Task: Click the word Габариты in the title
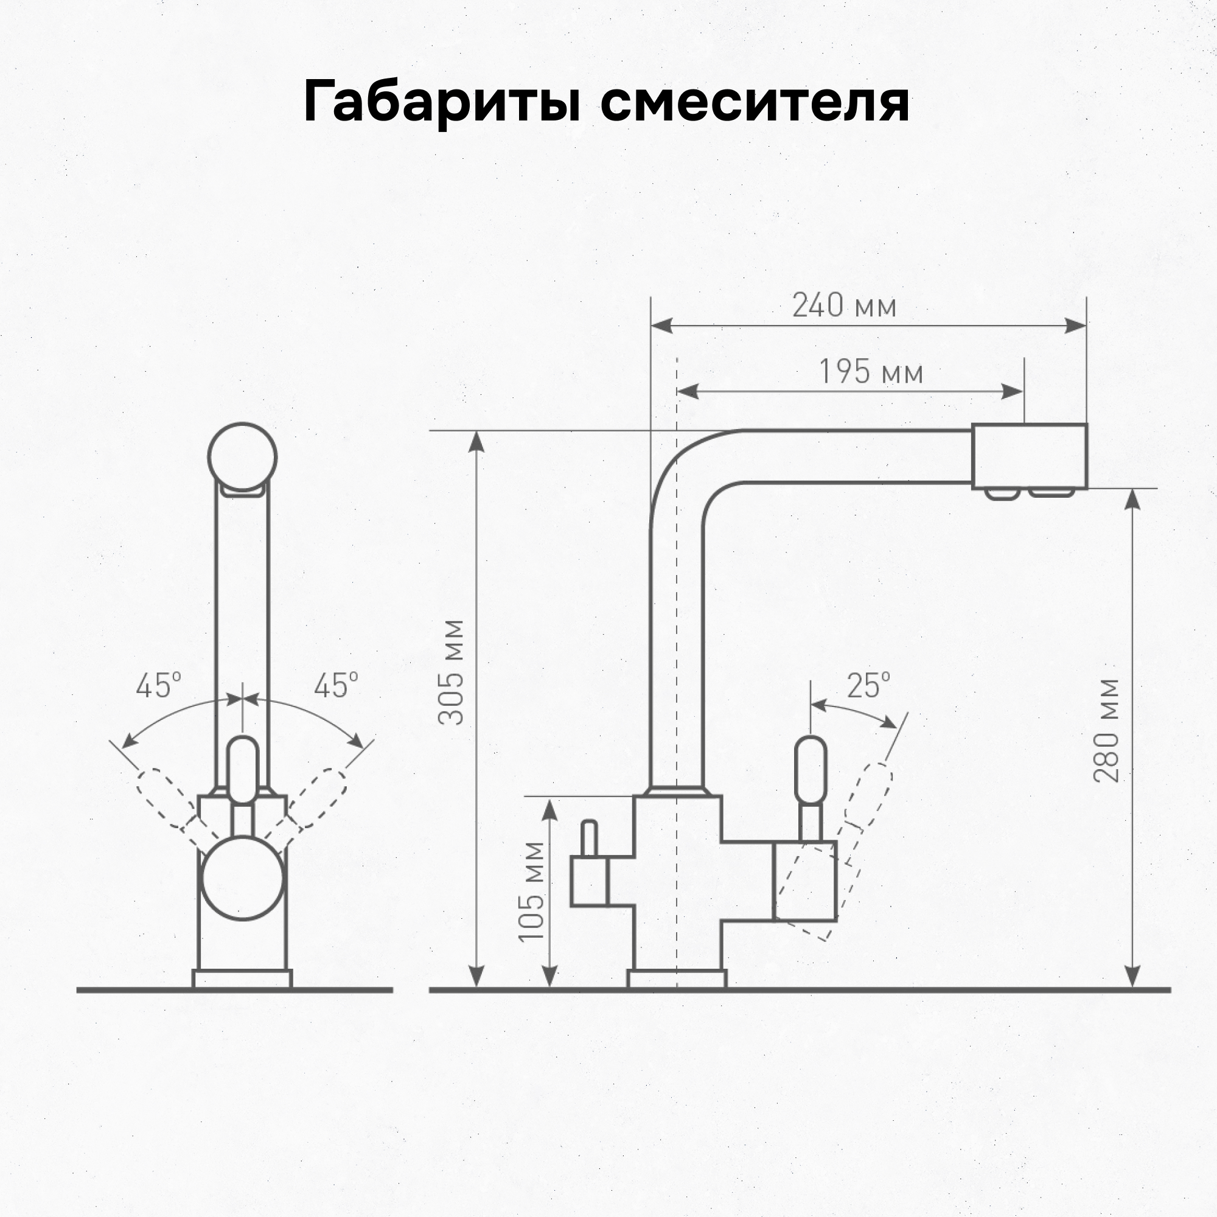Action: click(441, 103)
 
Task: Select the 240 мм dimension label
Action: click(843, 306)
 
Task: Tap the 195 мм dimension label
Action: click(871, 372)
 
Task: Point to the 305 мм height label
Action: click(452, 672)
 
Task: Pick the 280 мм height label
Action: click(1107, 731)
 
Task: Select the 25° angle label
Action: click(868, 685)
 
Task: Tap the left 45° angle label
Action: click(158, 685)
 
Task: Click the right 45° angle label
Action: click(336, 685)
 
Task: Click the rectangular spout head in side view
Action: click(1030, 457)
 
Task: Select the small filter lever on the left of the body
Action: click(589, 838)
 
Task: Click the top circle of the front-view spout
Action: click(242, 457)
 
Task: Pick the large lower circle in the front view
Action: click(242, 877)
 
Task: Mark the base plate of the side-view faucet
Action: click(677, 979)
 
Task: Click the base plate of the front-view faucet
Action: click(242, 979)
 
